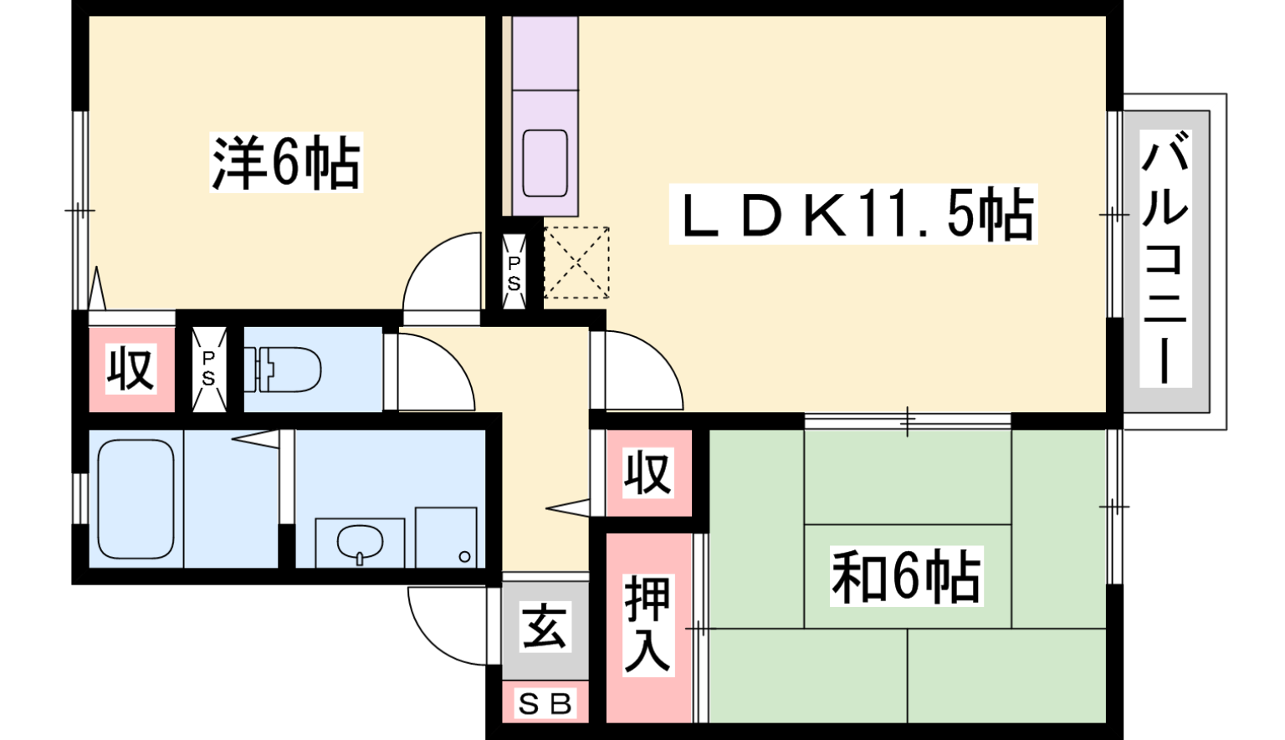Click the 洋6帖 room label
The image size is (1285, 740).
tap(286, 162)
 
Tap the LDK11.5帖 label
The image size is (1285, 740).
tap(853, 214)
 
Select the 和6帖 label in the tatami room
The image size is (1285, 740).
tap(906, 576)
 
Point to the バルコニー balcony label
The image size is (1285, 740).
tap(1165, 258)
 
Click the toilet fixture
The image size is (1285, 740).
tap(282, 369)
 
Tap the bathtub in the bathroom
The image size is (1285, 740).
tap(136, 498)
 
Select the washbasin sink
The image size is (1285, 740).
tap(360, 542)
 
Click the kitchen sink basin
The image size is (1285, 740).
tap(545, 163)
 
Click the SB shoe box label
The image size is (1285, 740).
tap(545, 703)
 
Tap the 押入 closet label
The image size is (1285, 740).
tap(648, 625)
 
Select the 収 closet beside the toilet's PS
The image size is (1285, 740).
tap(131, 369)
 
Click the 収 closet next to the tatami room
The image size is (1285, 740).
tap(648, 473)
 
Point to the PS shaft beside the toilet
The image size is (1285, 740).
tap(208, 369)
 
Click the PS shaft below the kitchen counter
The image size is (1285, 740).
tap(514, 273)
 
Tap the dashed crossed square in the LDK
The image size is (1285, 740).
tap(576, 263)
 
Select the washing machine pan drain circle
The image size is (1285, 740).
tap(464, 556)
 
